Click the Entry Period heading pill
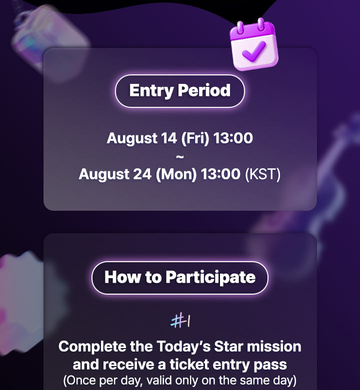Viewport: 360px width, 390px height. coord(180,91)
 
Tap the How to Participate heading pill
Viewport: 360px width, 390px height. coord(180,278)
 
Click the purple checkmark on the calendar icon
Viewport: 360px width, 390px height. coord(253,51)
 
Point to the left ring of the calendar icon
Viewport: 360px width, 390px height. coord(240,28)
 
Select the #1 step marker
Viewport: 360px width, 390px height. coord(180,321)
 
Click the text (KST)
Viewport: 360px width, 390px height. coord(262,174)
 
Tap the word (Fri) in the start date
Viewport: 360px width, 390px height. coord(195,138)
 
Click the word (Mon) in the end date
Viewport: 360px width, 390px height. coord(176,174)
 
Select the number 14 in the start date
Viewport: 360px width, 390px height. coord(169,138)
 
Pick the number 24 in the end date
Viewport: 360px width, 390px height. coord(142,174)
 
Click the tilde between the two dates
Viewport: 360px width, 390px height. coord(180,157)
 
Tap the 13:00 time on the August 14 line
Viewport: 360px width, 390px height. coord(233,138)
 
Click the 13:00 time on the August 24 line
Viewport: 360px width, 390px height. coord(220,174)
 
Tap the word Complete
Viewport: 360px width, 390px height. coord(92,347)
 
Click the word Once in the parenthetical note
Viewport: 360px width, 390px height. coord(79,381)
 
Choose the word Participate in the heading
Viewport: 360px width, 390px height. coord(210,278)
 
